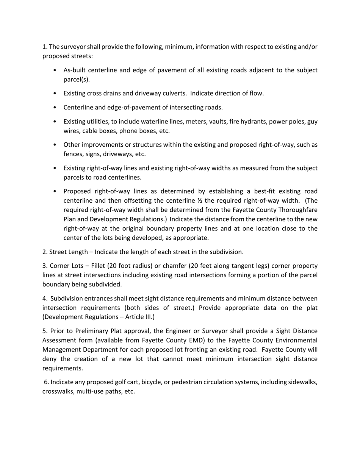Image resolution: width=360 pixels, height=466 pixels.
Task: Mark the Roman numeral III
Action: [147, 317]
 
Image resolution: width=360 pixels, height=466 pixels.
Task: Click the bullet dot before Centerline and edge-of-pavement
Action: [55, 108]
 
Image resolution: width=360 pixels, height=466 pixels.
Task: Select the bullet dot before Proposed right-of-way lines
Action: [55, 191]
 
